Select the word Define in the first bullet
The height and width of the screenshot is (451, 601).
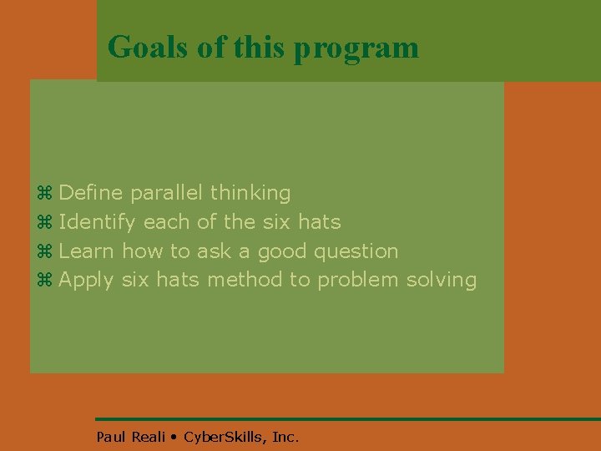pyautogui.click(x=91, y=193)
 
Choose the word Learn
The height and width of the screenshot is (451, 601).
pyautogui.click(x=88, y=251)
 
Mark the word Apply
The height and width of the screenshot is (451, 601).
pyautogui.click(x=88, y=281)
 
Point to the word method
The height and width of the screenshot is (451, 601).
pyautogui.click(x=245, y=280)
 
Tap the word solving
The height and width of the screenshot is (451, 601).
pyautogui.click(x=442, y=281)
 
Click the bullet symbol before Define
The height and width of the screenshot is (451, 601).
pyautogui.click(x=45, y=194)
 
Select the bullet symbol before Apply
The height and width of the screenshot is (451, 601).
pyautogui.click(x=45, y=281)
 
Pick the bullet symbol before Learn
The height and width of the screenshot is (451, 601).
pyautogui.click(x=45, y=251)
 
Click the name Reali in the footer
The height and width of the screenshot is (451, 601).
pyautogui.click(x=148, y=436)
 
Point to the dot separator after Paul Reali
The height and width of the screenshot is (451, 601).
pyautogui.click(x=174, y=437)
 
